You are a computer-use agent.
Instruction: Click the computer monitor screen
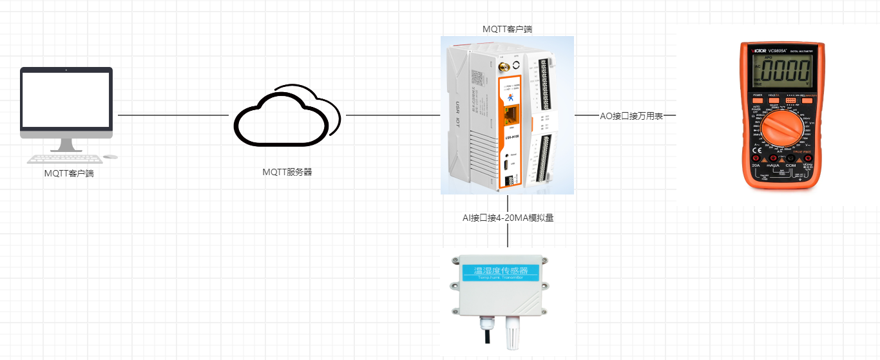point(66,99)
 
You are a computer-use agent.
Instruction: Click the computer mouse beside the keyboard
point(111,156)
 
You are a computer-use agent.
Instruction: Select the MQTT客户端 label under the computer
point(69,173)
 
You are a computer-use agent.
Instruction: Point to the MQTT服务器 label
point(287,172)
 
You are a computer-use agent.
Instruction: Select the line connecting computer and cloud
point(173,115)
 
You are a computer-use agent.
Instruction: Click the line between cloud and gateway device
point(393,115)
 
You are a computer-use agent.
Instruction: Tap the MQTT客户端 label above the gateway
point(508,29)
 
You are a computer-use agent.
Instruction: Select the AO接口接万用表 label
point(631,116)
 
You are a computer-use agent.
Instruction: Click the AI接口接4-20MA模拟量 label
point(508,218)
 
